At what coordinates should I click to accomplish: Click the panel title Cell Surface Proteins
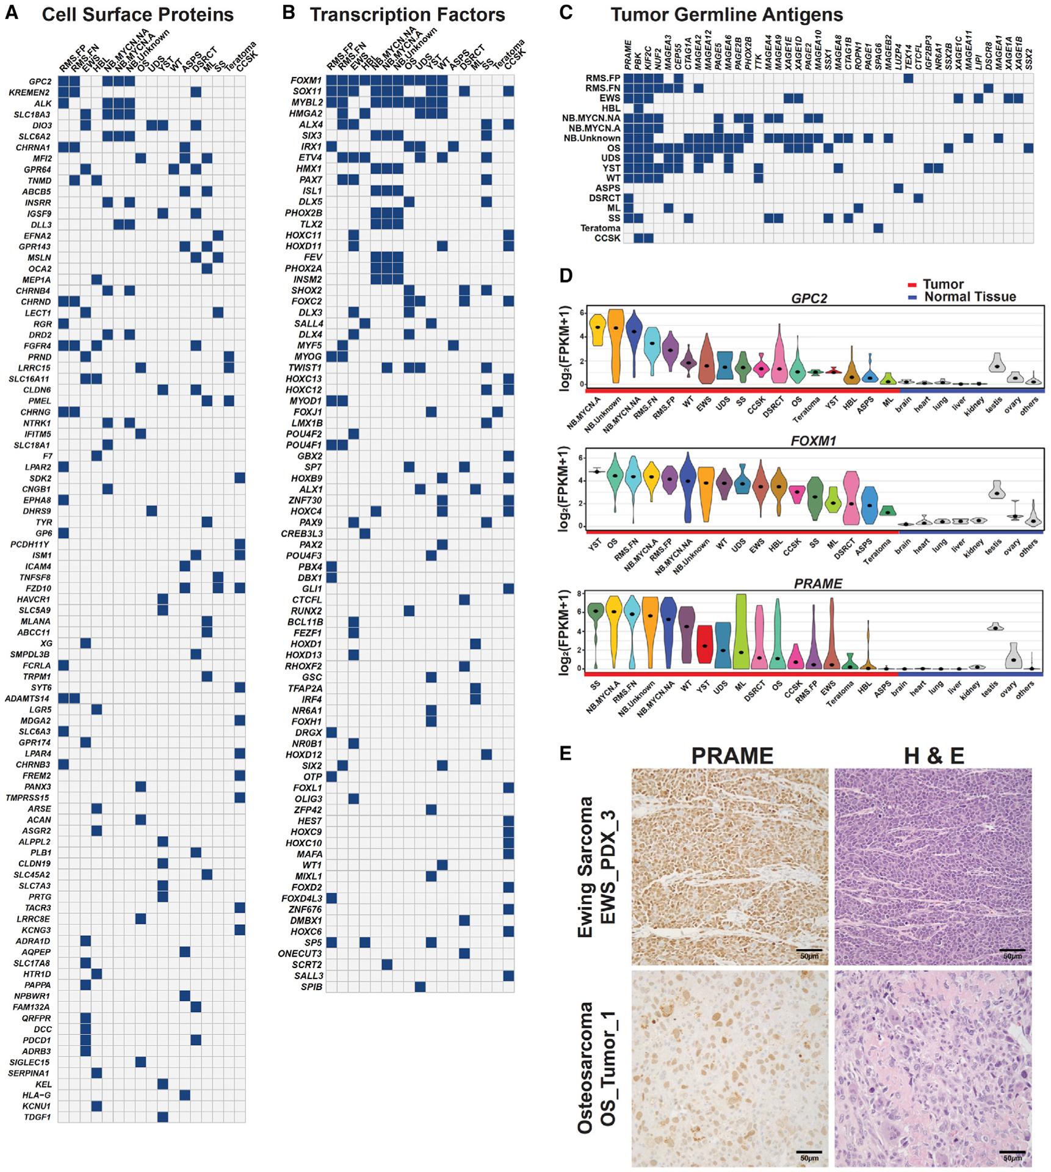click(137, 15)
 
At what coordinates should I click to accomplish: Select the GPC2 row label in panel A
click(38, 81)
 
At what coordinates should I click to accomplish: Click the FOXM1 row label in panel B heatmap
click(305, 80)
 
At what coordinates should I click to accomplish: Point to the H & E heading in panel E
click(933, 756)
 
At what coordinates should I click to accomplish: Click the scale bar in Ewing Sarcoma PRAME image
click(809, 950)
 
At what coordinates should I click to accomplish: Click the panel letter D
click(566, 276)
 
